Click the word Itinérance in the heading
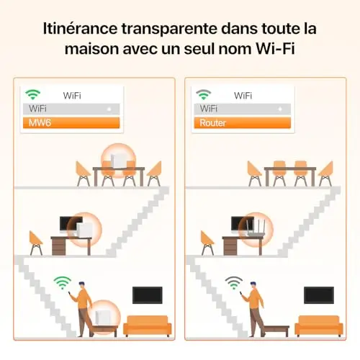click(80, 28)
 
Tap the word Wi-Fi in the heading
click(275, 49)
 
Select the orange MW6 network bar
click(71, 122)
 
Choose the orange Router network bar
click(243, 122)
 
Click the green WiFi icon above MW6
click(33, 94)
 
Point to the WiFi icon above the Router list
click(204, 94)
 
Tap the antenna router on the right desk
click(256, 228)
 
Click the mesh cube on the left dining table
click(118, 161)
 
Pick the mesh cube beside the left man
click(104, 318)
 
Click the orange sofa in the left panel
click(148, 325)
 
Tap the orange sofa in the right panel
click(319, 325)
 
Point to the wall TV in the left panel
click(148, 295)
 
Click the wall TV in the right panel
click(319, 295)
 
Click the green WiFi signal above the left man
click(63, 283)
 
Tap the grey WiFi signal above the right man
click(234, 283)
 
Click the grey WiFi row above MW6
click(71, 109)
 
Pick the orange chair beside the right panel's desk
click(207, 243)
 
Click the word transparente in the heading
click(169, 28)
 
